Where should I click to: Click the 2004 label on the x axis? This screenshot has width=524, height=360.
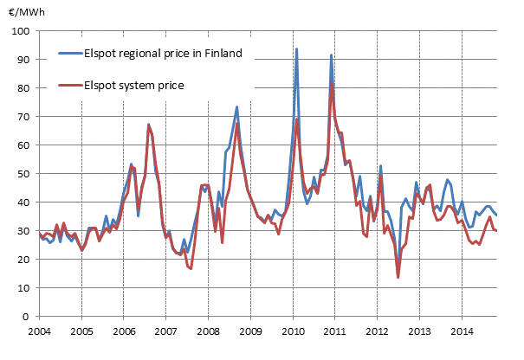38,331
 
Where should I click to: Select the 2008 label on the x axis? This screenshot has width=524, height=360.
208,331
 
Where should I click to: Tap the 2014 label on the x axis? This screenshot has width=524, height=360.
462,331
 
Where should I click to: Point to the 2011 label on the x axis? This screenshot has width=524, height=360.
334,331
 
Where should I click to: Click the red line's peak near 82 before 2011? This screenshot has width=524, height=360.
332,83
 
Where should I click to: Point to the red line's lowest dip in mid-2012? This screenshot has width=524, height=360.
398,277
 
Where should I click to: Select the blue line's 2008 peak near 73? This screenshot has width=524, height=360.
236,107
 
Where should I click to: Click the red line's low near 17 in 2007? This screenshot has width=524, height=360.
190,268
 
